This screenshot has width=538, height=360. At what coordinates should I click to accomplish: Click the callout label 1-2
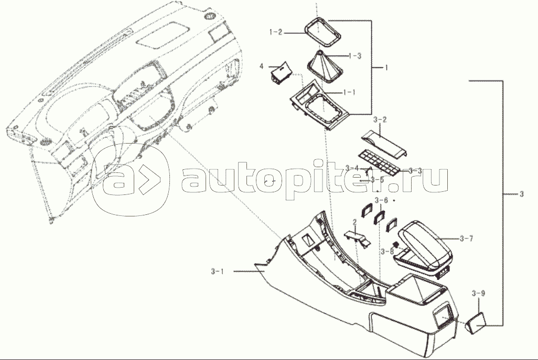click(276, 32)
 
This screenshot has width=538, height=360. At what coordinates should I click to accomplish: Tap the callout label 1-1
click(349, 92)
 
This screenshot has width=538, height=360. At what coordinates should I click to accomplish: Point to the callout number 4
click(261, 66)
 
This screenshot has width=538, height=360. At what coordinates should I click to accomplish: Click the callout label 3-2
click(381, 121)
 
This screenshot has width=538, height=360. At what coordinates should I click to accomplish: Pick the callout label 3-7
click(466, 239)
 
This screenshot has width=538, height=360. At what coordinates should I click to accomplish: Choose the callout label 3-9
click(478, 293)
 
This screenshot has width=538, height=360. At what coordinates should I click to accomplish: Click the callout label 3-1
click(217, 271)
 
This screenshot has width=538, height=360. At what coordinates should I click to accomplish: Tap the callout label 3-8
click(387, 251)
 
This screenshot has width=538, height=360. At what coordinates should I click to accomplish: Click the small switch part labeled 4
click(281, 73)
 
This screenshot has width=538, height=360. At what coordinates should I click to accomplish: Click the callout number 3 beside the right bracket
click(521, 195)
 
